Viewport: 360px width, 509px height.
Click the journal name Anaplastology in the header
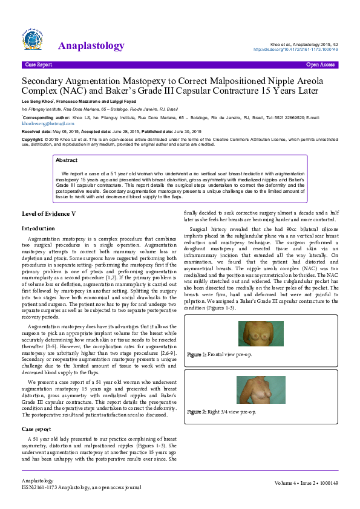(91, 46)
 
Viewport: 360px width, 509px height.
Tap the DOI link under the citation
(303, 49)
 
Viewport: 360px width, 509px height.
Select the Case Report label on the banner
(38, 63)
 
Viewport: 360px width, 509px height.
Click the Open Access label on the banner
(321, 63)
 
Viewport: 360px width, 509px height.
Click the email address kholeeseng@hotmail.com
(44, 123)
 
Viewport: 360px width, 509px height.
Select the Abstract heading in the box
(67, 160)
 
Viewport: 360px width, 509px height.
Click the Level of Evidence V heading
(49, 213)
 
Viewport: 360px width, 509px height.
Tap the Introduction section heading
(38, 229)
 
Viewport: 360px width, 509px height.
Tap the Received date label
(36, 131)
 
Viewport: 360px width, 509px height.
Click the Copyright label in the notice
(33, 139)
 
